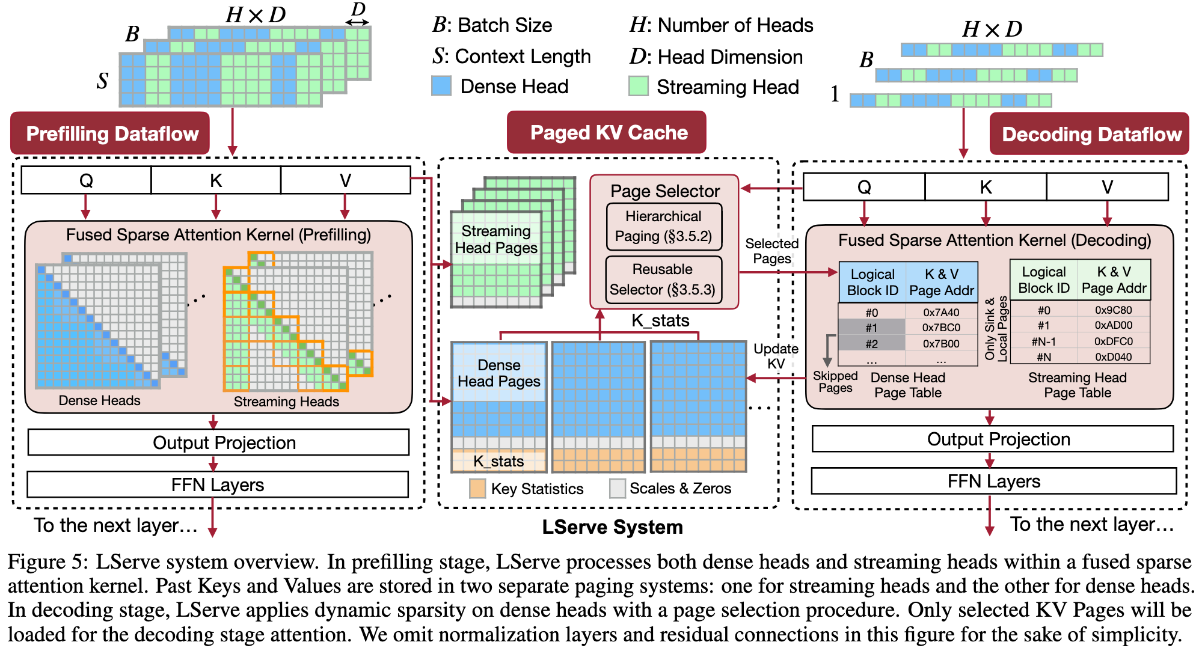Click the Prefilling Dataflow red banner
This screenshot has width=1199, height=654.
(x=111, y=133)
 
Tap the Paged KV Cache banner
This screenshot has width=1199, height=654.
(x=607, y=132)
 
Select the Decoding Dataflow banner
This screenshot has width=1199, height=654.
(x=1090, y=133)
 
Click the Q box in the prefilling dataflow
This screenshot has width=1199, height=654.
(x=86, y=180)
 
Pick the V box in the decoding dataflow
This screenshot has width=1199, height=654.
(x=1107, y=187)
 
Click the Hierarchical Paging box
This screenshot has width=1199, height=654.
(x=663, y=226)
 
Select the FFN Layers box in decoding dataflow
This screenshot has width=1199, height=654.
(x=993, y=481)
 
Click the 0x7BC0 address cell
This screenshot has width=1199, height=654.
(x=941, y=328)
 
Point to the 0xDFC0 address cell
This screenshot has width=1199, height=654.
(x=1113, y=341)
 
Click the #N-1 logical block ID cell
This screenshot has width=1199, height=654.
(x=1043, y=341)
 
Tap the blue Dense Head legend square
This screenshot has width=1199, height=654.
(x=441, y=86)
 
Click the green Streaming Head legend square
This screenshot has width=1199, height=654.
(x=638, y=86)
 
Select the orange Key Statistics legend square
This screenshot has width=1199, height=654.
(x=477, y=488)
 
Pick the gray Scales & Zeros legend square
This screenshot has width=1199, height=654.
(x=617, y=488)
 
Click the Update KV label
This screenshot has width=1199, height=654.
(x=776, y=356)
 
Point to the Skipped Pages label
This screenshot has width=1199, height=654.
(x=835, y=382)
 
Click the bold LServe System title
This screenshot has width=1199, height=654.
(x=612, y=527)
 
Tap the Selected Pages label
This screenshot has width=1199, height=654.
(x=771, y=251)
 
